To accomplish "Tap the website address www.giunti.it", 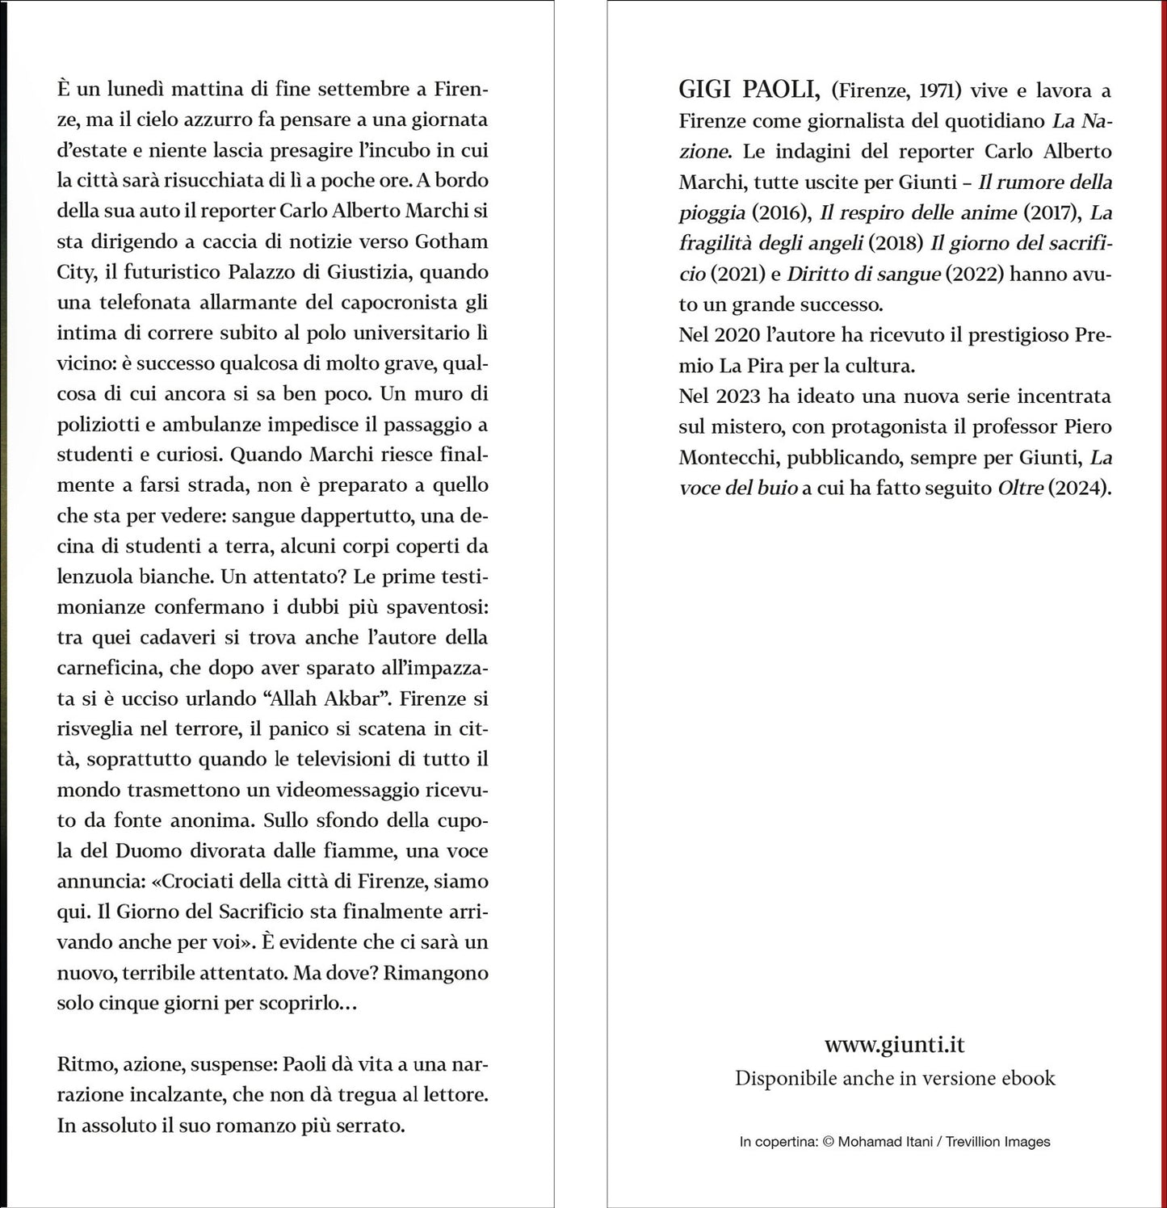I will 894,1044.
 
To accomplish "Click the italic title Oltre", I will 1020,488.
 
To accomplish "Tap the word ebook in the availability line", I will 1028,1078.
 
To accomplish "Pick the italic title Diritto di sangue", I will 863,274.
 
